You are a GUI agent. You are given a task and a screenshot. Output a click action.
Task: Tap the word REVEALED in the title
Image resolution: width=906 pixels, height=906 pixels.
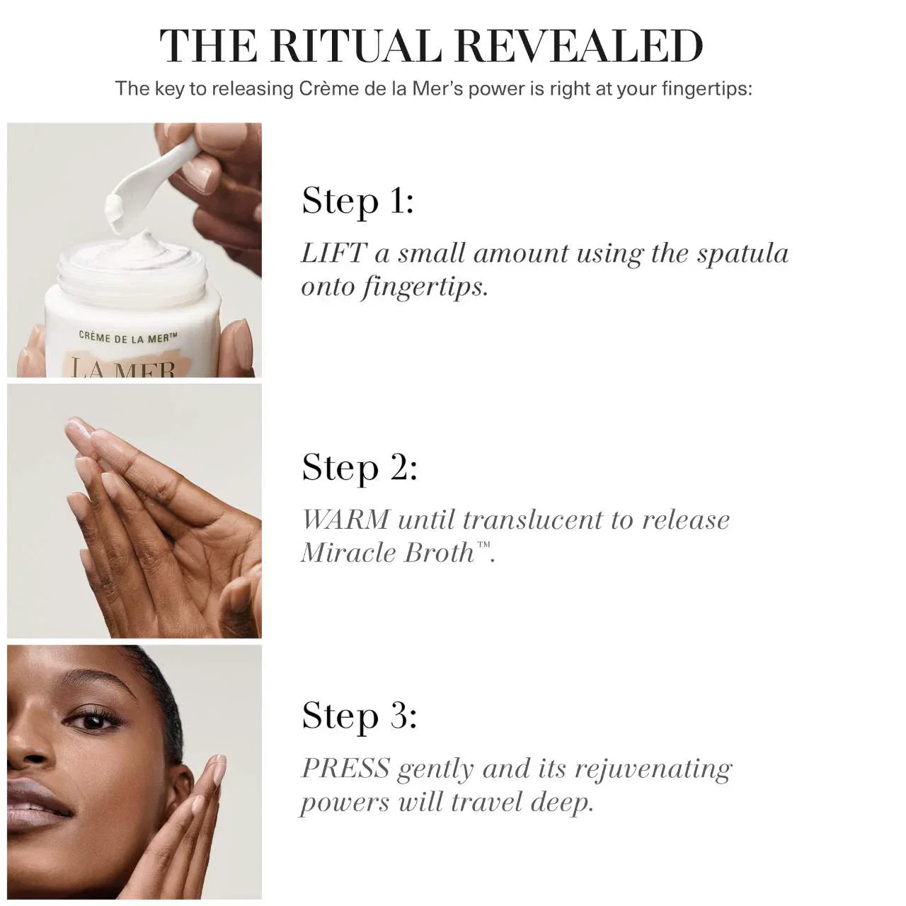coord(578,47)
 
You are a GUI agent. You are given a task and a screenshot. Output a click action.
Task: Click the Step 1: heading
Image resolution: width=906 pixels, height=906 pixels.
coord(357,201)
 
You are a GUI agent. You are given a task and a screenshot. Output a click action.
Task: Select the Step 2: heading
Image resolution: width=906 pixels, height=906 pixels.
coord(360,468)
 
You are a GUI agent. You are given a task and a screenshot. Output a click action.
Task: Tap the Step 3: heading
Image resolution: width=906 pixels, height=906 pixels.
coord(360,716)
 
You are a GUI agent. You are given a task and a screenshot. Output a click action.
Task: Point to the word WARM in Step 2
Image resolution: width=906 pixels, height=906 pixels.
coord(345,520)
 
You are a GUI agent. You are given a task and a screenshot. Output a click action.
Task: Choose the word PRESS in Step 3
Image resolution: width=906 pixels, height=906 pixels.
coord(345,769)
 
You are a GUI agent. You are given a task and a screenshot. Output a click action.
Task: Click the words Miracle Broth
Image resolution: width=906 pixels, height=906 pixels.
coord(388,553)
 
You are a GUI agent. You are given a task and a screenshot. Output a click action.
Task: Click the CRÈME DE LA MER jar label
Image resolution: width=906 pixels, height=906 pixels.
coord(128,338)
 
